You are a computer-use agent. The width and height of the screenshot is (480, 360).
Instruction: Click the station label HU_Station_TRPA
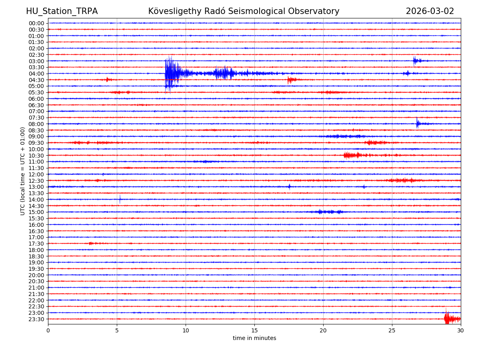tap(62, 11)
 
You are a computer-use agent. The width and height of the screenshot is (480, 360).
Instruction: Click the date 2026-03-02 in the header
tap(430, 11)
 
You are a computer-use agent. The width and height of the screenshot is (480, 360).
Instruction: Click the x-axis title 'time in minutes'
tap(254, 338)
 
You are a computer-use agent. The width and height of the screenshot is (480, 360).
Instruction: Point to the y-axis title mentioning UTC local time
tap(23, 171)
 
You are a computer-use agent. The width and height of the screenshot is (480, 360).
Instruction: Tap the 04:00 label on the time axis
tap(36, 74)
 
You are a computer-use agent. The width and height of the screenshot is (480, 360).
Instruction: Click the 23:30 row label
tap(36, 319)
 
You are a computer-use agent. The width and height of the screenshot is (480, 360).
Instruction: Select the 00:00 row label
tap(36, 23)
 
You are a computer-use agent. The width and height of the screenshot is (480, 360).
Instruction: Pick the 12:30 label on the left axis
tap(36, 181)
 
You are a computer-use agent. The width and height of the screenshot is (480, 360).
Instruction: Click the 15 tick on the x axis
tap(254, 330)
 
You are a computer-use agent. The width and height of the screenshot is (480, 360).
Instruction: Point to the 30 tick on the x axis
tap(461, 330)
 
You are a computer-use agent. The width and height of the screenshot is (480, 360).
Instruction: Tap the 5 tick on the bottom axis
tap(117, 330)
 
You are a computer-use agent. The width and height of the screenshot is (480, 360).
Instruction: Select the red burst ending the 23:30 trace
tap(451, 319)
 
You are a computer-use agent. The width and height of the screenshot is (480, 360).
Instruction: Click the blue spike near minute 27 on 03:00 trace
tap(416, 61)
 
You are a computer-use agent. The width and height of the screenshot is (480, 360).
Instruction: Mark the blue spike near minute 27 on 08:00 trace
tap(418, 124)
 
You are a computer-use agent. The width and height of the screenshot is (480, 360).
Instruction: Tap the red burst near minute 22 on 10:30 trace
tap(352, 155)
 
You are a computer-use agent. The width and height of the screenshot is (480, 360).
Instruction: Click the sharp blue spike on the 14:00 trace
tap(120, 199)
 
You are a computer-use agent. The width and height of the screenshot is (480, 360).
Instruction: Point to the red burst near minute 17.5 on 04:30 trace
tap(290, 80)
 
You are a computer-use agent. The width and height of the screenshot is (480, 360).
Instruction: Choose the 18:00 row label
tap(36, 250)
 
